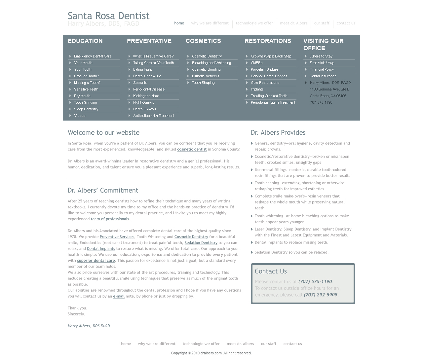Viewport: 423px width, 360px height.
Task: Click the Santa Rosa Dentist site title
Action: (108, 16)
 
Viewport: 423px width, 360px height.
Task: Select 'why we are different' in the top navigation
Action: (210, 23)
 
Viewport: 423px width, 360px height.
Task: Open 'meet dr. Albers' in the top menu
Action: (293, 23)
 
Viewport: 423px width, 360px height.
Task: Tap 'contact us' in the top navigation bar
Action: (346, 23)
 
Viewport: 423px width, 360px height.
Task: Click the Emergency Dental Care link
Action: (93, 56)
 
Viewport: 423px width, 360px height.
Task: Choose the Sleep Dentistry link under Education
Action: (86, 109)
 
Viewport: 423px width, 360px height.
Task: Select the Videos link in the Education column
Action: (80, 116)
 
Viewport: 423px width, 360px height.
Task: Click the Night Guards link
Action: (143, 102)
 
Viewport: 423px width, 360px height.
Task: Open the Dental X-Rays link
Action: (144, 109)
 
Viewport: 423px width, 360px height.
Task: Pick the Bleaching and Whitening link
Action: (211, 63)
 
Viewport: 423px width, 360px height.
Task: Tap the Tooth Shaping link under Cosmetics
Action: (203, 83)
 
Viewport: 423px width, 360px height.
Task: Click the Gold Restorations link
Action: (265, 83)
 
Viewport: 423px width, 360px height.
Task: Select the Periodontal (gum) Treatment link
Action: (273, 102)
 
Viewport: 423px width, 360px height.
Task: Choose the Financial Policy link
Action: (322, 69)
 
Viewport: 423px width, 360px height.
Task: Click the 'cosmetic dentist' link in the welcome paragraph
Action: (192, 149)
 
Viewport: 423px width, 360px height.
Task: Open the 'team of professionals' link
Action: (110, 219)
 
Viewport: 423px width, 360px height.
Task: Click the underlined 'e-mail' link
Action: (119, 296)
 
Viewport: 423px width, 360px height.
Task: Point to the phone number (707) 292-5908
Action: (320, 295)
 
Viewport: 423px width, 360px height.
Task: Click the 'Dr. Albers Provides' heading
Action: (278, 132)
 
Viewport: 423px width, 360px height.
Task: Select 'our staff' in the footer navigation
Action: (268, 344)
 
